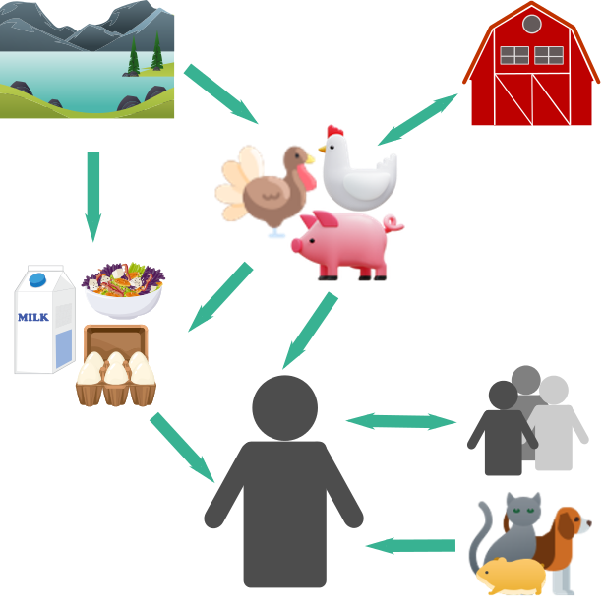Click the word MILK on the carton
[32, 317]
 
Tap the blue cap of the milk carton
[38, 279]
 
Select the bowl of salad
[124, 289]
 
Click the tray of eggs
[116, 369]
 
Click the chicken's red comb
[335, 131]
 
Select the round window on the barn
[531, 24]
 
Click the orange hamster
[510, 575]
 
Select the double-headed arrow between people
[401, 421]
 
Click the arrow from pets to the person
[410, 545]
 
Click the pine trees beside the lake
[145, 57]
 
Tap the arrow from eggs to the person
[183, 448]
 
